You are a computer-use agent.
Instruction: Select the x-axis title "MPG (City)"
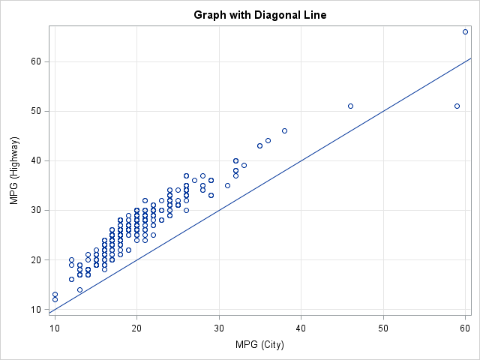click(x=259, y=345)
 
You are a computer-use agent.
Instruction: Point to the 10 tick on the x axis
click(x=55, y=327)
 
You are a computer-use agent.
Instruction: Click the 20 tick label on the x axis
click(x=136, y=327)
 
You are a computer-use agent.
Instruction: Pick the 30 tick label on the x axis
click(x=219, y=327)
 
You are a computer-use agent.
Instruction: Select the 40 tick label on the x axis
click(x=301, y=327)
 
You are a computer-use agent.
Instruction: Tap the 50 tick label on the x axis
click(x=383, y=327)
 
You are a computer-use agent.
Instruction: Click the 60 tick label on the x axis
click(x=465, y=327)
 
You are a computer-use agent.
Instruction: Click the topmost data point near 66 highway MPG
click(x=465, y=31)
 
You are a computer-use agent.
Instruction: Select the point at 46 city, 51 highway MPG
click(x=350, y=106)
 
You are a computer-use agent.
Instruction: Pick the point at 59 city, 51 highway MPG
click(x=457, y=106)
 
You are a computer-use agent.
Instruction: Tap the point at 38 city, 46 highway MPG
click(x=284, y=130)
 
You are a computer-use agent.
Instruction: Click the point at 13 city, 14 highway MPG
click(x=79, y=289)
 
